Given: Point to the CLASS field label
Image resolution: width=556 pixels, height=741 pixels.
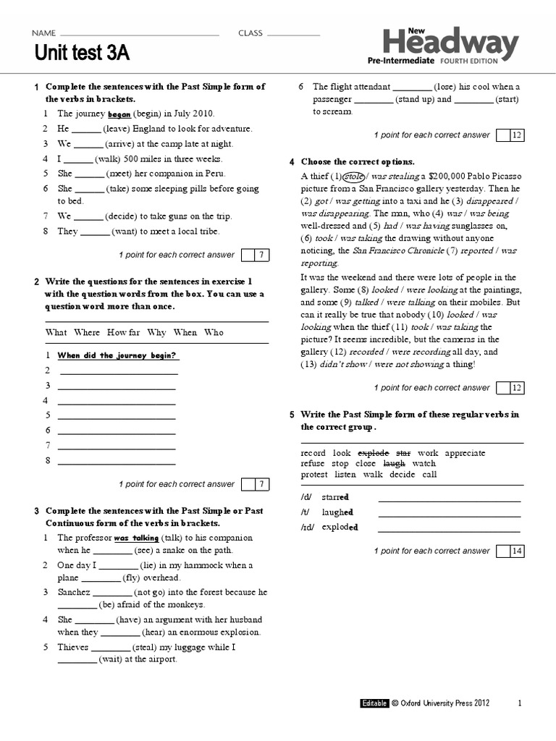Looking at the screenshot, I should (250, 33).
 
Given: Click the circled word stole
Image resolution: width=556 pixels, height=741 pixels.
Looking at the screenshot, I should (353, 176).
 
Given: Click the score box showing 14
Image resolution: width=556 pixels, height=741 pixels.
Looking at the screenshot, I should (516, 551).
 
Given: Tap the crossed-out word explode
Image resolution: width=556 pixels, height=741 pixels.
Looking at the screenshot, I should (374, 452).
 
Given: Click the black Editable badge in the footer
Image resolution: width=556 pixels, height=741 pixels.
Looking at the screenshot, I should (374, 703).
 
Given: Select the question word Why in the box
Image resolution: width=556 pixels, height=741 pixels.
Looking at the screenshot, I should (156, 332).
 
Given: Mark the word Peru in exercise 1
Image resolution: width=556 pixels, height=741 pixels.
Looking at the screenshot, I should (214, 174).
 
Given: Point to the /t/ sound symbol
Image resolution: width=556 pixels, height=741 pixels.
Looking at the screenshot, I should (306, 512).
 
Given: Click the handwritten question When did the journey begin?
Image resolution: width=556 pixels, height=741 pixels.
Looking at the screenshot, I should (118, 355).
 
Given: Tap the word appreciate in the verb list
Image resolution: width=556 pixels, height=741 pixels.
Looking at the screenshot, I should (465, 452).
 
